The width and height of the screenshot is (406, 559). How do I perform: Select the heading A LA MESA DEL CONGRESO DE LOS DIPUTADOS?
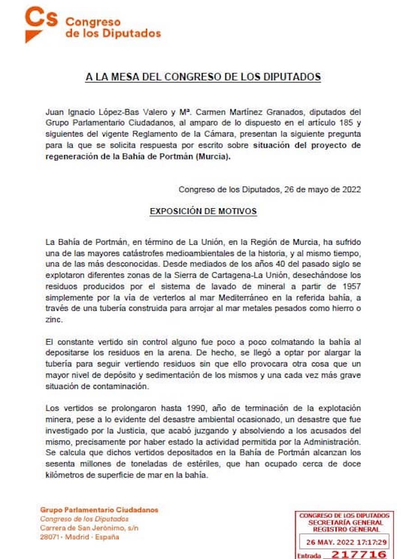[203, 77]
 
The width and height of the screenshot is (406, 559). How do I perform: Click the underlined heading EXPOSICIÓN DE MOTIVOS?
[203, 211]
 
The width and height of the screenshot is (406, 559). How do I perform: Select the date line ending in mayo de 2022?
[269, 189]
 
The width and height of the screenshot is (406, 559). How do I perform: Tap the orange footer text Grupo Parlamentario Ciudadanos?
[99, 510]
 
